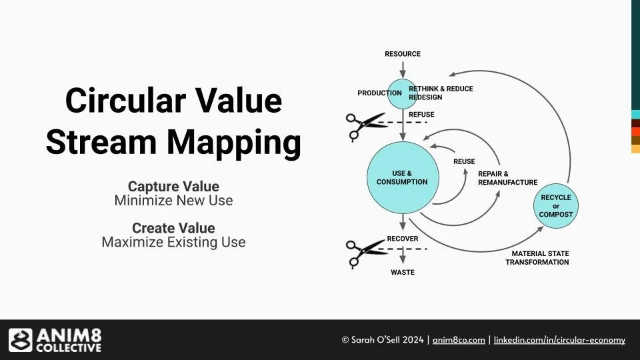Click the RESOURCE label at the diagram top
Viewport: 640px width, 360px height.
tap(403, 54)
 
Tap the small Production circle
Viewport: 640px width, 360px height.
tap(403, 94)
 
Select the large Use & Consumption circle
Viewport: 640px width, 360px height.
tap(402, 177)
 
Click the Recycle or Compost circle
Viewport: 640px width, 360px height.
tap(556, 206)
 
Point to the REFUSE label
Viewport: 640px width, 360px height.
tap(421, 115)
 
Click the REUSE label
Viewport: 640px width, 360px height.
tap(464, 161)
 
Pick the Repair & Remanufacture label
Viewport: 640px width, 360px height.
tap(507, 178)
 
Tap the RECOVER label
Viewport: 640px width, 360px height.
tap(403, 239)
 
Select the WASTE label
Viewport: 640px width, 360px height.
tap(403, 272)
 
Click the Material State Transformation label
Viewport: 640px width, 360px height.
tap(537, 258)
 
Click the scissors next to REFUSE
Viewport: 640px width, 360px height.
tap(364, 125)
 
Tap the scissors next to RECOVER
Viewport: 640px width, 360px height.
tap(364, 251)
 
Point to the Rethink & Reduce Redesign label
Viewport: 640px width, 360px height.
tap(440, 93)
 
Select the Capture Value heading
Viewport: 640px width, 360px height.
tap(173, 186)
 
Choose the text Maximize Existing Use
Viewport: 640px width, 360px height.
tap(173, 242)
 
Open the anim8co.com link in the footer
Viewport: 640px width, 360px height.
tap(459, 340)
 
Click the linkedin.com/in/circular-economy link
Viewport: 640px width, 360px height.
tap(559, 340)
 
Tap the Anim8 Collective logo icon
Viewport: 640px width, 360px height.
tap(20, 340)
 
